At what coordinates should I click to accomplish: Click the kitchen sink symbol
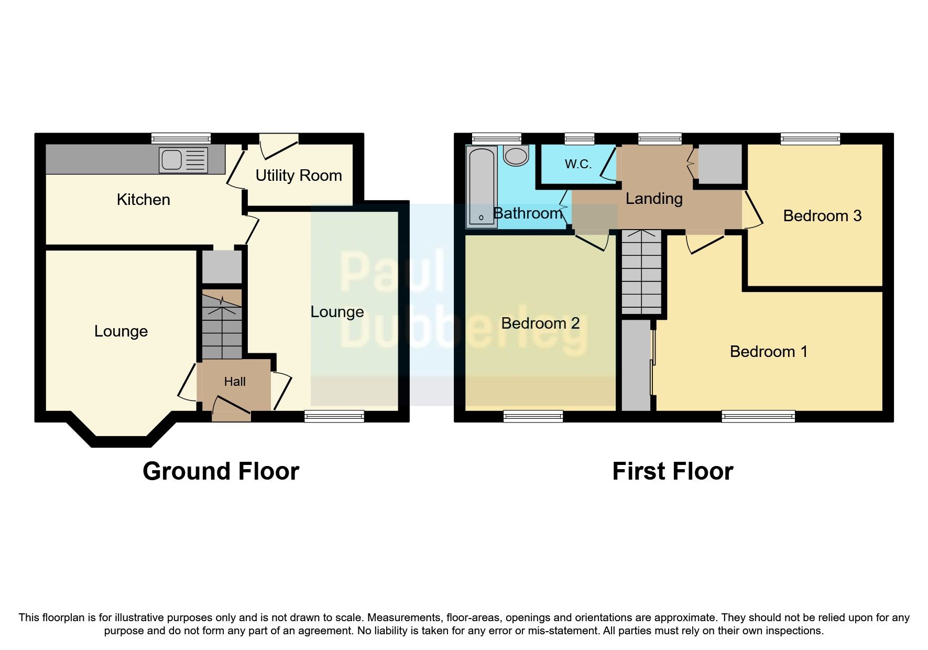[x=183, y=160]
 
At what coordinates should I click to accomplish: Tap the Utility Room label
[x=299, y=176]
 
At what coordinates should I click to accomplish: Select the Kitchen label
[x=143, y=200]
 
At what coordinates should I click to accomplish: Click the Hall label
[x=235, y=382]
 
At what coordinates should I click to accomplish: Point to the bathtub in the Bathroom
[x=481, y=187]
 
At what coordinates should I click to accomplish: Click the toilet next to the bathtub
[x=516, y=156]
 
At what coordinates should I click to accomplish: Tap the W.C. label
[x=578, y=164]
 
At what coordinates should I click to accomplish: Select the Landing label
[x=654, y=199]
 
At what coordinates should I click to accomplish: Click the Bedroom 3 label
[x=822, y=216]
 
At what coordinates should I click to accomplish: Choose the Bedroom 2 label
[x=540, y=323]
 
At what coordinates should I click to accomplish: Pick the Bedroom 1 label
[x=768, y=352]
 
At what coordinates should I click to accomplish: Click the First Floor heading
[x=672, y=471]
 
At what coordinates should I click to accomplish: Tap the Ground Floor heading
[x=221, y=471]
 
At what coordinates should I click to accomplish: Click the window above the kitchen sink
[x=181, y=138]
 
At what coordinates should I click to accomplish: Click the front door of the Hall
[x=231, y=411]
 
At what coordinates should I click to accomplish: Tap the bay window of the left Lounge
[x=122, y=442]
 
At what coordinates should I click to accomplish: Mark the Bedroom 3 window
[x=810, y=138]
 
